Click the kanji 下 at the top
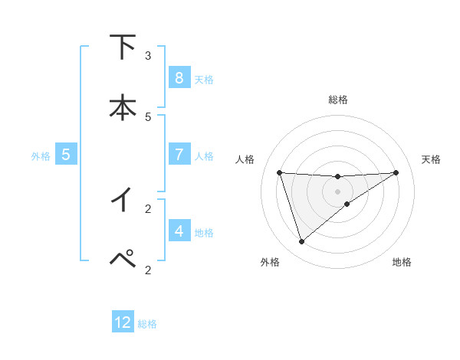[122, 47]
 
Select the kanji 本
[122, 107]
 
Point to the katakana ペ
[122, 259]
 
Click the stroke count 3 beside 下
[148, 56]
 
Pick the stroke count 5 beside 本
[148, 116]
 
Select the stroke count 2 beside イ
[148, 208]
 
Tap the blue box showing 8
[179, 77]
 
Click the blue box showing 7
[179, 154]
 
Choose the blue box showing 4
[179, 231]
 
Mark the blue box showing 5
[66, 154]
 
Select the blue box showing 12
[123, 322]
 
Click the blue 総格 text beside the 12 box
[147, 324]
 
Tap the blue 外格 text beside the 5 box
[41, 156]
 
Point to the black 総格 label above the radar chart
[338, 100]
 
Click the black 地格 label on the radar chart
[402, 263]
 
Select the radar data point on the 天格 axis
[396, 172]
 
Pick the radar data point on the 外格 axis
[301, 242]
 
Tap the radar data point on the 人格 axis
[280, 172]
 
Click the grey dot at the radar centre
[338, 191]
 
